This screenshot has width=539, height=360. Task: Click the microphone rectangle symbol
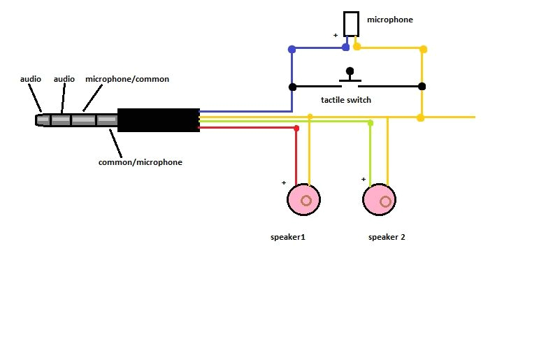click(x=351, y=24)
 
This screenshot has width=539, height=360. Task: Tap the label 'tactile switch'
click(x=345, y=100)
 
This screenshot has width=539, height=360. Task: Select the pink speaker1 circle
click(x=304, y=200)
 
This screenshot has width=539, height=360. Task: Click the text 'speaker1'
click(x=287, y=237)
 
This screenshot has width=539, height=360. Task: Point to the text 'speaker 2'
click(x=387, y=237)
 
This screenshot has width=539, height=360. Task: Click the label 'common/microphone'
click(x=140, y=162)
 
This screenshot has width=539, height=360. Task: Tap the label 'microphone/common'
click(x=127, y=79)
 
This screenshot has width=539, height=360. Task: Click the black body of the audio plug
click(x=158, y=120)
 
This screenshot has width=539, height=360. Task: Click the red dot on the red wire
click(x=296, y=128)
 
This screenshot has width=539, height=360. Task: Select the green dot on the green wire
click(x=370, y=123)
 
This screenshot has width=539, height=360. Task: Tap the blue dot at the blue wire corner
click(x=292, y=50)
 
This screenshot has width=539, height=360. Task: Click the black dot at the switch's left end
click(x=292, y=87)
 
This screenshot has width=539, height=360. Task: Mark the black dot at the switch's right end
click(x=422, y=87)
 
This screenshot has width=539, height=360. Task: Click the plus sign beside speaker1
click(x=284, y=183)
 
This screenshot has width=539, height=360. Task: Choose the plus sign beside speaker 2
click(x=364, y=179)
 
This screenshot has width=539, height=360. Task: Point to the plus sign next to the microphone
click(x=336, y=34)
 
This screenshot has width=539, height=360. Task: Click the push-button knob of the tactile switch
click(x=350, y=71)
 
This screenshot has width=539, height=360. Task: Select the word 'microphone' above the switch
click(x=389, y=20)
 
